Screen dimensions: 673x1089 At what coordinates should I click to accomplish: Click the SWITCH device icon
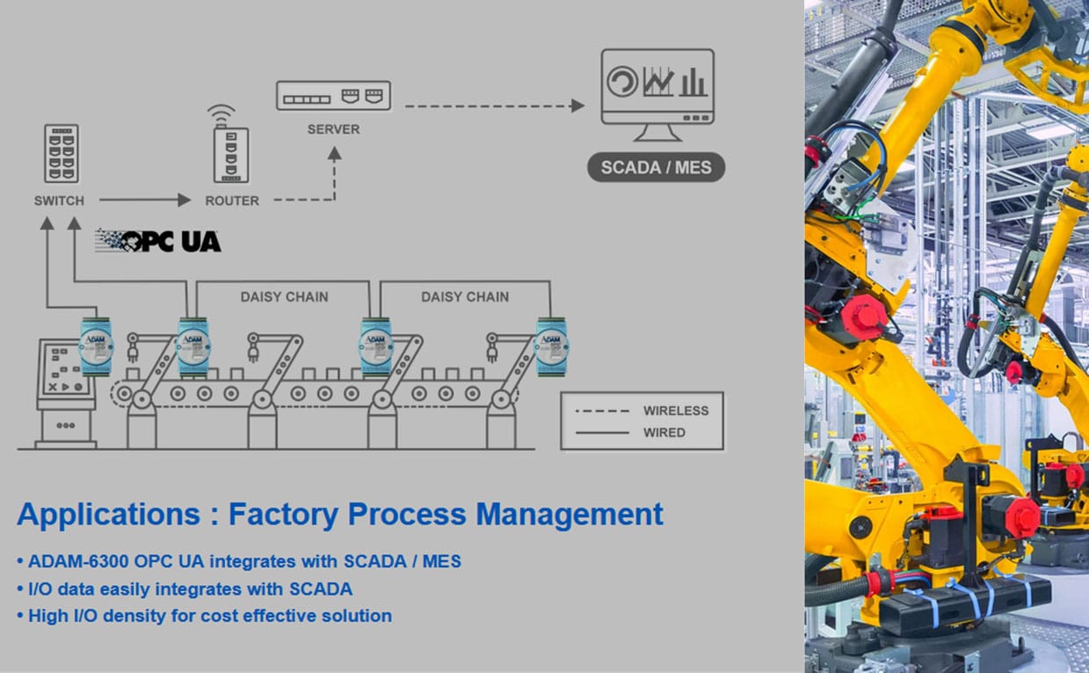(x=61, y=153)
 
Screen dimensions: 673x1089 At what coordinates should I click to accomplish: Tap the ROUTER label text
(x=232, y=201)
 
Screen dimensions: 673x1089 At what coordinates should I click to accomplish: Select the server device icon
(x=333, y=95)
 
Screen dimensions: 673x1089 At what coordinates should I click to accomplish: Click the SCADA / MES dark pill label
(x=656, y=167)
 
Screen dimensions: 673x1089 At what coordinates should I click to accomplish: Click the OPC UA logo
(x=158, y=240)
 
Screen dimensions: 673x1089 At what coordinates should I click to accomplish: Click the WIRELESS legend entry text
(x=675, y=411)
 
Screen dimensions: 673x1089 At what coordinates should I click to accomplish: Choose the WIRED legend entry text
(x=664, y=432)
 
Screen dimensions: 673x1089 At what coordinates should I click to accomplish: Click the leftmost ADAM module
(x=96, y=344)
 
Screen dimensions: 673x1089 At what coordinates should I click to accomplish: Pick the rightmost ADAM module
(x=553, y=344)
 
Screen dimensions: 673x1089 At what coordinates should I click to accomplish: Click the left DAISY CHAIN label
(x=284, y=296)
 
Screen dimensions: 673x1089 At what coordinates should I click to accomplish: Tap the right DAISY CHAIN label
(x=464, y=296)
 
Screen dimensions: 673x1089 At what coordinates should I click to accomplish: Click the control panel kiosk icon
(x=65, y=392)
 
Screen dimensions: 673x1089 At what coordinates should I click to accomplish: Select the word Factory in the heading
(x=283, y=514)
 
